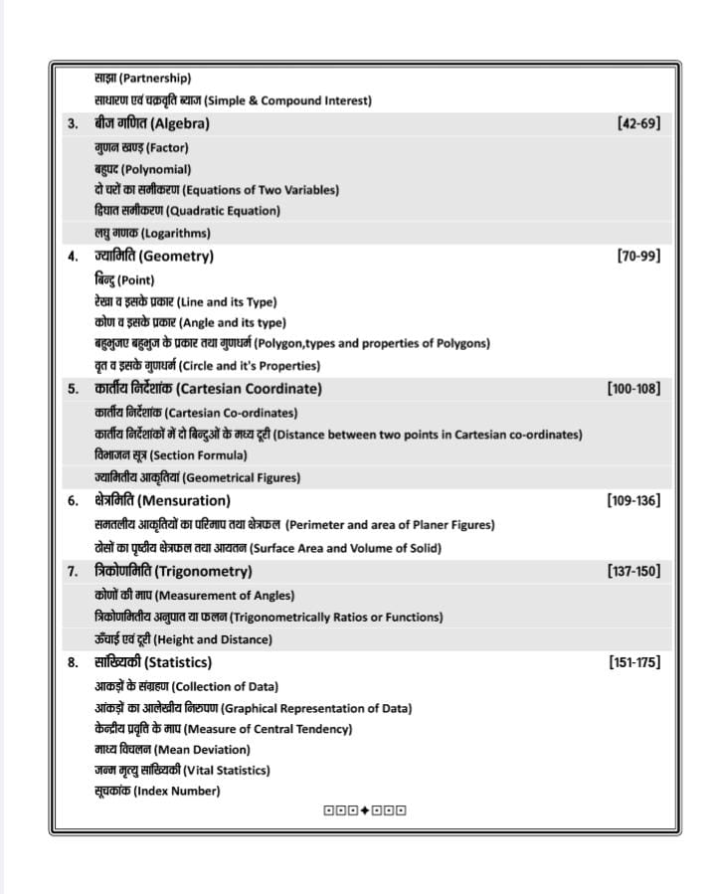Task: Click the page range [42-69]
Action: pyautogui.click(x=638, y=124)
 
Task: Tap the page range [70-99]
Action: pyautogui.click(x=638, y=257)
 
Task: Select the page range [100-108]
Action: pyautogui.click(x=632, y=389)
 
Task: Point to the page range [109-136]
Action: pyautogui.click(x=632, y=500)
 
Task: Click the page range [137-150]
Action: pyautogui.click(x=632, y=571)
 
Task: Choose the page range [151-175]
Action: pyautogui.click(x=632, y=662)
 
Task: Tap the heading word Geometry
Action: pyautogui.click(x=176, y=257)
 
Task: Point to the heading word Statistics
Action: pyautogui.click(x=178, y=662)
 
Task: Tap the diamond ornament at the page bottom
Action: pyautogui.click(x=365, y=810)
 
